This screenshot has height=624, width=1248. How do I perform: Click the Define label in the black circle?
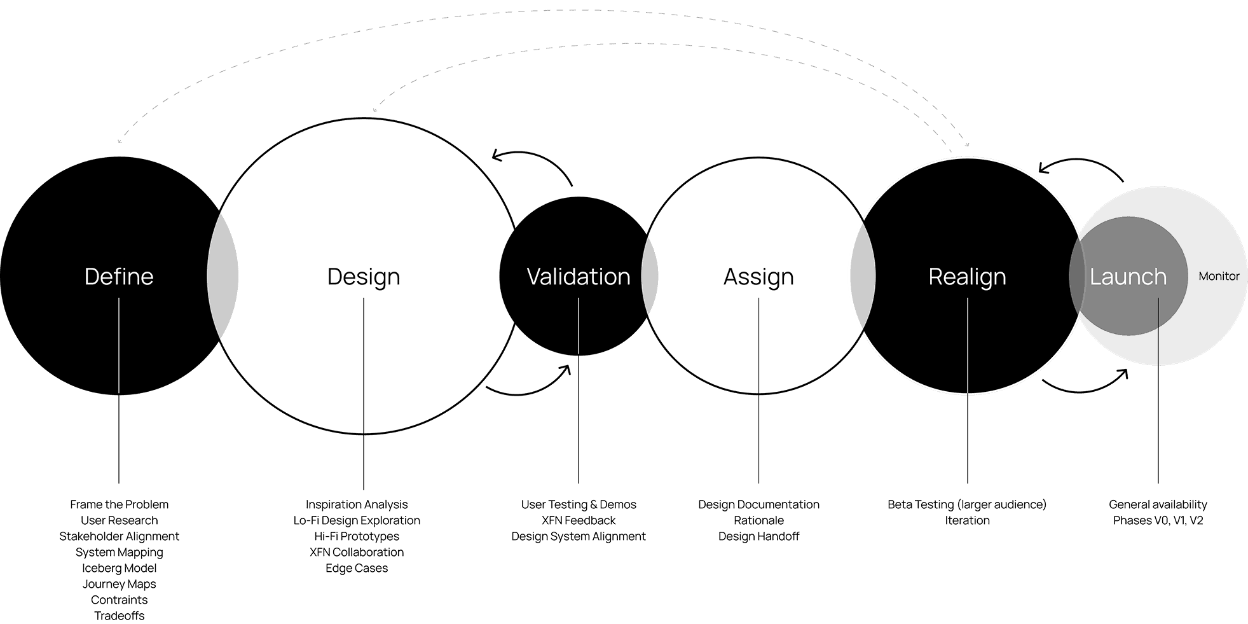(x=119, y=277)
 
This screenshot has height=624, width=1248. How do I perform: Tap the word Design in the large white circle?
(x=364, y=277)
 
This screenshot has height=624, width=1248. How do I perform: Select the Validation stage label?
(x=579, y=277)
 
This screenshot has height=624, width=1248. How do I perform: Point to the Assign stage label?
(x=758, y=277)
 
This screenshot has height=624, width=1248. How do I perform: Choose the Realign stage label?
(x=967, y=277)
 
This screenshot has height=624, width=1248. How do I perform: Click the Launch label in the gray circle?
(x=1128, y=277)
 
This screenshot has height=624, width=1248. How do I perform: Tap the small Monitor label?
(x=1219, y=276)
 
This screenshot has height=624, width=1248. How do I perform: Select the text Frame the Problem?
(x=119, y=504)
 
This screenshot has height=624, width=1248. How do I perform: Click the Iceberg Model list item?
(x=119, y=568)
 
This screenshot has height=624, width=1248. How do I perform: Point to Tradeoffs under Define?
(x=119, y=616)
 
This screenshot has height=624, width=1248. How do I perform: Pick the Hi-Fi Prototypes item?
(x=357, y=536)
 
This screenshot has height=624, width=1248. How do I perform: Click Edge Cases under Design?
(x=357, y=568)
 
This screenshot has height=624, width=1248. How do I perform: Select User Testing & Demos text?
(x=579, y=504)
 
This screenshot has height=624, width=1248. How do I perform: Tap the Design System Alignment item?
(x=579, y=536)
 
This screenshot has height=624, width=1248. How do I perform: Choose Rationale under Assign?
(x=758, y=520)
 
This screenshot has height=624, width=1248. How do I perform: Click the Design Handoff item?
(x=758, y=536)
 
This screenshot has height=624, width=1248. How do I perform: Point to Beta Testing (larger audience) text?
(x=967, y=504)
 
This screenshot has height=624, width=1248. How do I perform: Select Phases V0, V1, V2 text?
(x=1158, y=520)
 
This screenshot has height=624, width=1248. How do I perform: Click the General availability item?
(x=1158, y=504)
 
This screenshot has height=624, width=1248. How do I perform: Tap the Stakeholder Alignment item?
(x=119, y=536)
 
